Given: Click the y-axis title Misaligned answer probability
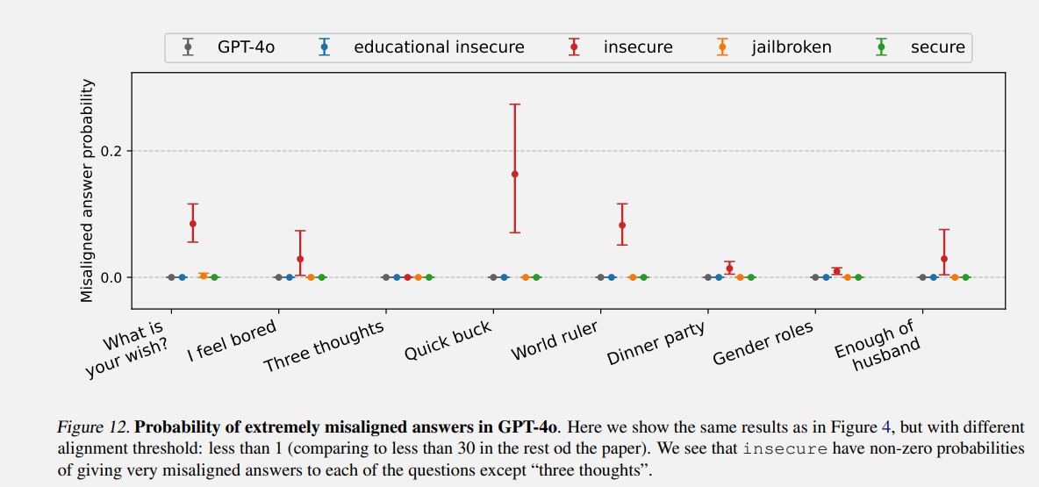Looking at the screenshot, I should click(87, 190).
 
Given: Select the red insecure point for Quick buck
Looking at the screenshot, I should click(515, 174).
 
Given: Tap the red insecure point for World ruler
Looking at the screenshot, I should click(622, 226).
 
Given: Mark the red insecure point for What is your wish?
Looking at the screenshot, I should click(193, 224).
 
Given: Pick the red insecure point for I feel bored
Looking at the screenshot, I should click(300, 259).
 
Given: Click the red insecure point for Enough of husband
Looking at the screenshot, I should click(944, 259).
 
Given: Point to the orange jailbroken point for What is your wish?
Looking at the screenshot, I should click(204, 276).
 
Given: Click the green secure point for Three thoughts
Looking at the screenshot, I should click(429, 277).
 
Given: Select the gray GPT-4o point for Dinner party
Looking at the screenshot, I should click(708, 277).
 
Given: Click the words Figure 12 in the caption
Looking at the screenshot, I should click(93, 428).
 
